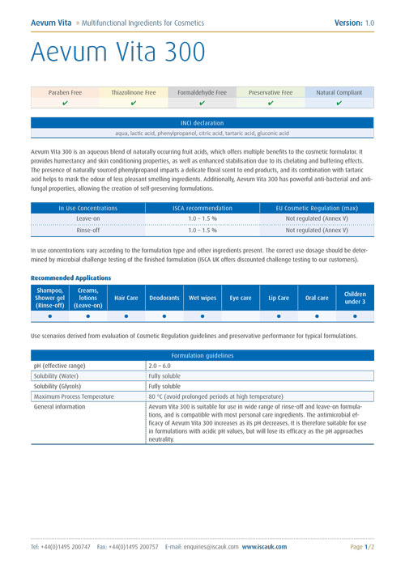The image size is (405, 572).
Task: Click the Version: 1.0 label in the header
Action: click(x=354, y=23)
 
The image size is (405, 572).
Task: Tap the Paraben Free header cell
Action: click(x=65, y=93)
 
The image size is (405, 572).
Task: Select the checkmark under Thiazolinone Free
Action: click(x=134, y=104)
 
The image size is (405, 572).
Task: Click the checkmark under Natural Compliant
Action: click(x=339, y=104)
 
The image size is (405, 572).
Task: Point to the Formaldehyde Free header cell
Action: click(x=202, y=93)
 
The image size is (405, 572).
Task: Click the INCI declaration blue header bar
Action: click(x=202, y=123)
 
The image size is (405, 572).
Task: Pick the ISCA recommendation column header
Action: click(x=202, y=208)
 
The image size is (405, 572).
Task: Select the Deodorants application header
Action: click(x=164, y=298)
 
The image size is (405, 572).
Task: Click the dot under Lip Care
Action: click(x=279, y=316)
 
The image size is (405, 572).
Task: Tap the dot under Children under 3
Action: click(x=355, y=316)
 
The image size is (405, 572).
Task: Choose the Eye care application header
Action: click(x=241, y=298)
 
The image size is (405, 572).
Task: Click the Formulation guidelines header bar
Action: click(x=202, y=355)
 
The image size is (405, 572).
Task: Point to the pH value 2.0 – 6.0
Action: click(x=160, y=366)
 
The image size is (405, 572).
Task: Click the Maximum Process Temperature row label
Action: click(x=74, y=396)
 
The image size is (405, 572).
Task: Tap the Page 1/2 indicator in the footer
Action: click(x=361, y=548)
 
